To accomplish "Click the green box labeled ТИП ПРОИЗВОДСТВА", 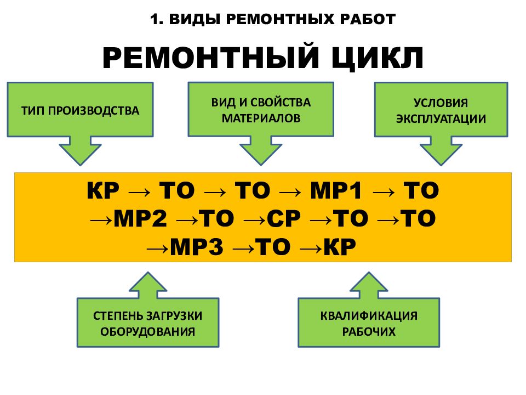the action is pos(80,110).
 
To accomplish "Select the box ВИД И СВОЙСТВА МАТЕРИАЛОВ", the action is pos(261,109).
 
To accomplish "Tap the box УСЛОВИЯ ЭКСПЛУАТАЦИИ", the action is pos(441,110).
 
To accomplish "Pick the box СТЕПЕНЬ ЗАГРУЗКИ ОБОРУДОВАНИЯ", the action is pos(148,323).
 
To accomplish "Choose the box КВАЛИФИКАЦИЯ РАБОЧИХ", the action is pos(369,323).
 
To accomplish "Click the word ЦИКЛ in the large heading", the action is pos(378,58).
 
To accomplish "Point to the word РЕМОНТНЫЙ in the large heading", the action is pos(210,57).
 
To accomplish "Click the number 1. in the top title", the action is pos(157,19).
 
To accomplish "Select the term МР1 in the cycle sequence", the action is pos(336,190).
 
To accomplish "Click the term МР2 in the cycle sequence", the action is pos(140,218).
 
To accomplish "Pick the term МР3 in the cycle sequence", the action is pos(197,246).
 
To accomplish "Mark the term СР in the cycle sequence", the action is pos(284,218).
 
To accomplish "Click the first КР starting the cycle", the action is pos(103,190).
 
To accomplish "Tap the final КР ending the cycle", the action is pos(340,246).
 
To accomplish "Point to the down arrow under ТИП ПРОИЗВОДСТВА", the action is pos(80,151).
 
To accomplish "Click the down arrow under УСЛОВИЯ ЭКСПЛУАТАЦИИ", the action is pos(441,151).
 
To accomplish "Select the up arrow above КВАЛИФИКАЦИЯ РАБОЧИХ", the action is pos(369,285).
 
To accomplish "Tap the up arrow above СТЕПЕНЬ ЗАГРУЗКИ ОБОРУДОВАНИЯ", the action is pos(148,285).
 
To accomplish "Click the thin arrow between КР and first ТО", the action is pos(139,192).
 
